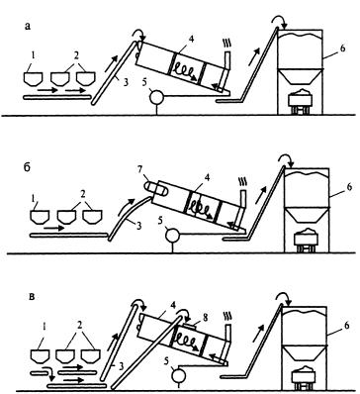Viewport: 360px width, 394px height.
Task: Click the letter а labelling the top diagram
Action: coord(28,27)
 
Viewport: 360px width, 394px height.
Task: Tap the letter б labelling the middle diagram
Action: coord(28,167)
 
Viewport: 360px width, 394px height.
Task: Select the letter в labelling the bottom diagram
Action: coord(32,296)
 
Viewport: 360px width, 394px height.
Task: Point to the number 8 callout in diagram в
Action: coord(205,318)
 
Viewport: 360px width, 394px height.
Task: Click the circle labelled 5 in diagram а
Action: coord(157,98)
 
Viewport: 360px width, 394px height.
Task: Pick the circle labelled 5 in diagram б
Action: coord(173,237)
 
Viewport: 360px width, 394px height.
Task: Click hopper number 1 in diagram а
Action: coord(34,79)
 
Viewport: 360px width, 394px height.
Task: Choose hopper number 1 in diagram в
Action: coord(40,356)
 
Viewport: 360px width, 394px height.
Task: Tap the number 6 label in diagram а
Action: coord(343,49)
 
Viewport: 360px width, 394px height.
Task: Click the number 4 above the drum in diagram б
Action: coord(207,178)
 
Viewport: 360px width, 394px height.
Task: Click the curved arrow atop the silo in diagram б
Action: coord(286,158)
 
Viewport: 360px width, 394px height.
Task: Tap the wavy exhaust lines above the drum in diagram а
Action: coord(227,43)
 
